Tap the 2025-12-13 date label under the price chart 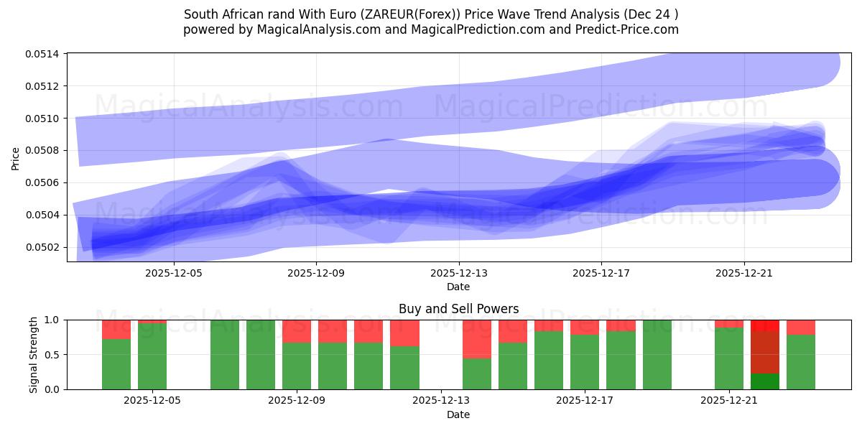[x=458, y=273]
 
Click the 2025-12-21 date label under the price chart [x=744, y=273]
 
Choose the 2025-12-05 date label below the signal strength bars [x=152, y=401]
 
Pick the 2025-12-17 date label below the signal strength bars [x=585, y=401]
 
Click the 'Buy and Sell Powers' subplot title [x=458, y=309]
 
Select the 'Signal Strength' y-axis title [x=33, y=354]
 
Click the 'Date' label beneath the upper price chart [x=458, y=287]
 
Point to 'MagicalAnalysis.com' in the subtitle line [x=318, y=29]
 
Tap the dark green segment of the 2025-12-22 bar [x=765, y=381]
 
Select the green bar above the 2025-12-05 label [x=152, y=356]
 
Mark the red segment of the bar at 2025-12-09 [x=297, y=331]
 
